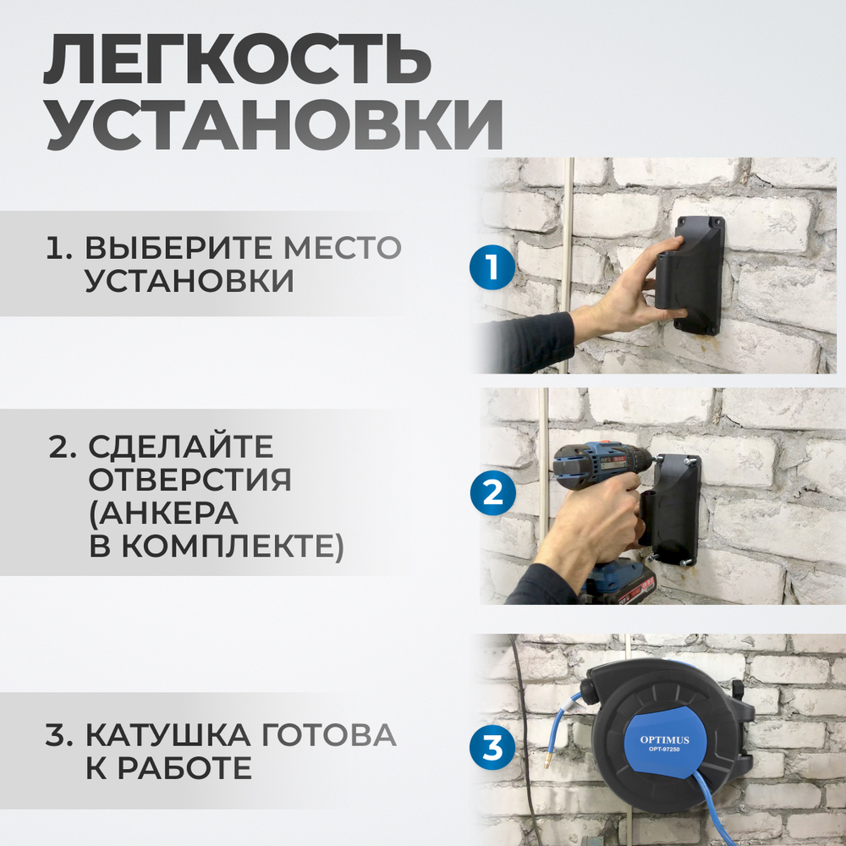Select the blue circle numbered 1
[492, 270]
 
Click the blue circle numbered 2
[492, 492]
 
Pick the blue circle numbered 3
[492, 747]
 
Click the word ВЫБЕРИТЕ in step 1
[179, 248]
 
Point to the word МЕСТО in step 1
[342, 248]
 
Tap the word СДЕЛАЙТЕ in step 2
[182, 447]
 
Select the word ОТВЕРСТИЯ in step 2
[190, 480]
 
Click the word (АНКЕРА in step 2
[164, 514]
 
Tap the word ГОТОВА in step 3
[329, 735]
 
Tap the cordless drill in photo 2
[601, 474]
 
